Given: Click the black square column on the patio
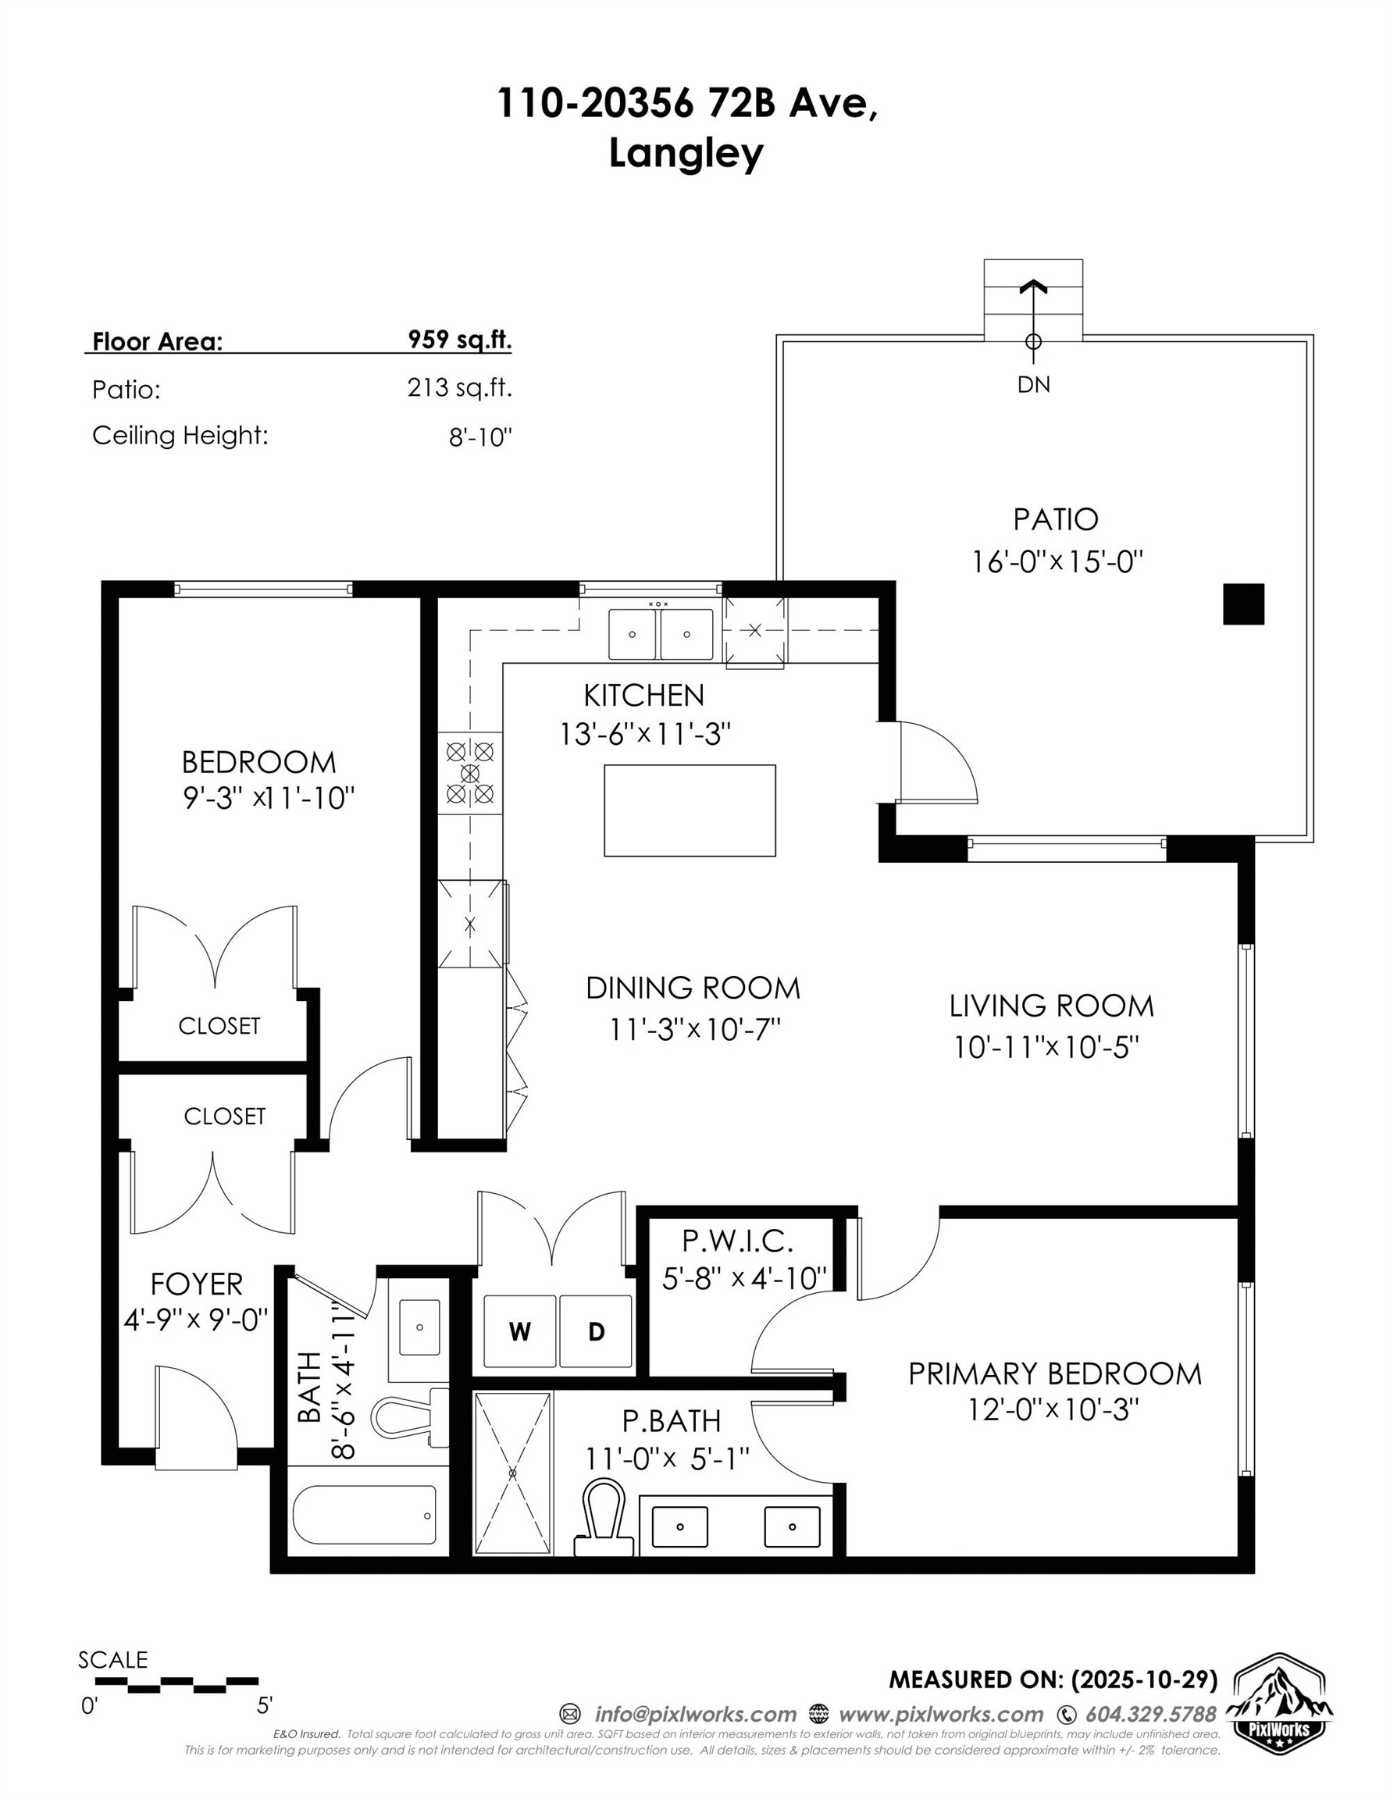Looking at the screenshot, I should click(x=1242, y=604).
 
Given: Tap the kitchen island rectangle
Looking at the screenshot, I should click(x=689, y=810).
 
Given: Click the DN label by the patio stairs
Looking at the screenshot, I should click(x=1033, y=385).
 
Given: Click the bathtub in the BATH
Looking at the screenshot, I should click(x=364, y=1516).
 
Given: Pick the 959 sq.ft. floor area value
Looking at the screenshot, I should click(x=459, y=340).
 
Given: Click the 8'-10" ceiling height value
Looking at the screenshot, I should click(x=480, y=437).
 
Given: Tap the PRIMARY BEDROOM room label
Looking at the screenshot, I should click(x=1055, y=1373).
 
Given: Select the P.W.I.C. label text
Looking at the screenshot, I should click(x=737, y=1240).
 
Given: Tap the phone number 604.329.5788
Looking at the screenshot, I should click(x=1150, y=1714).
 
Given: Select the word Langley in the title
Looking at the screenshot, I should click(x=686, y=153).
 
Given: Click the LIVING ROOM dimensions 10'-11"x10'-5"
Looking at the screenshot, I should click(x=1046, y=1048).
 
